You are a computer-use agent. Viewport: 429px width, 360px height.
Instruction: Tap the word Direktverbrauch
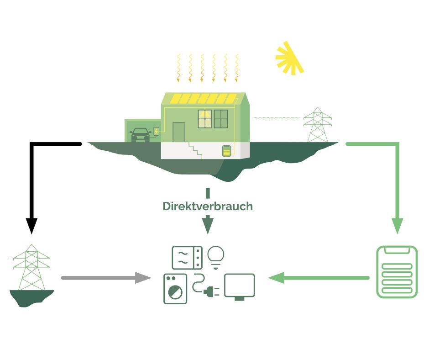point(208,206)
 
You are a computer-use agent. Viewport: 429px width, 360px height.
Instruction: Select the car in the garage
point(140,135)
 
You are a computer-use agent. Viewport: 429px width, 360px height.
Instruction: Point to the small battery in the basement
point(226,151)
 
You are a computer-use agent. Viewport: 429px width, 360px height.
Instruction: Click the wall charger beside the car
point(157,132)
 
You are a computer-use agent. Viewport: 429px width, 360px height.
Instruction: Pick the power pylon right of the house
point(318,125)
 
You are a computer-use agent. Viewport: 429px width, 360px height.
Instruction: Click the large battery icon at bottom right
point(397,272)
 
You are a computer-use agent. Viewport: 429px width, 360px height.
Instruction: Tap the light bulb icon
point(216,256)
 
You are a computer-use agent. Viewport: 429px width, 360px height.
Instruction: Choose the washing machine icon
point(175,289)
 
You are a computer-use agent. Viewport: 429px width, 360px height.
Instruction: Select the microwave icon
point(187,258)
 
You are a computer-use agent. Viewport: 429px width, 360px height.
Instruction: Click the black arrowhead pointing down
point(31,225)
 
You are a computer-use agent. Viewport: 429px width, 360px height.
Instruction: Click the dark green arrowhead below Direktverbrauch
point(208,225)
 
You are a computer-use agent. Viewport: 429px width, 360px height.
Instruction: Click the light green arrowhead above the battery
point(397,225)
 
